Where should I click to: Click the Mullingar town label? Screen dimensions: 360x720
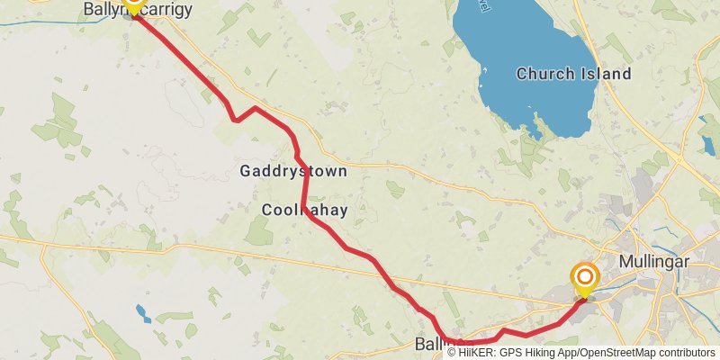(654, 262)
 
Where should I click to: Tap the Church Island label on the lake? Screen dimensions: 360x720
(574, 74)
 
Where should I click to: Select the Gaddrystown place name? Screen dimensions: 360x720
(292, 171)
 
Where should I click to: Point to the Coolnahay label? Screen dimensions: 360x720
(304, 210)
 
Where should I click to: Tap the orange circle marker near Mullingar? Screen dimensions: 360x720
(585, 277)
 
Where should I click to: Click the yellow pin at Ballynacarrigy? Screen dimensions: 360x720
(133, 4)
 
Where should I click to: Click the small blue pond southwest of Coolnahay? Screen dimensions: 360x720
(143, 313)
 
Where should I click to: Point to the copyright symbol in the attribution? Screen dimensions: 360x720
(452, 353)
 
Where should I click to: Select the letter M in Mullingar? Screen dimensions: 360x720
(625, 262)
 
